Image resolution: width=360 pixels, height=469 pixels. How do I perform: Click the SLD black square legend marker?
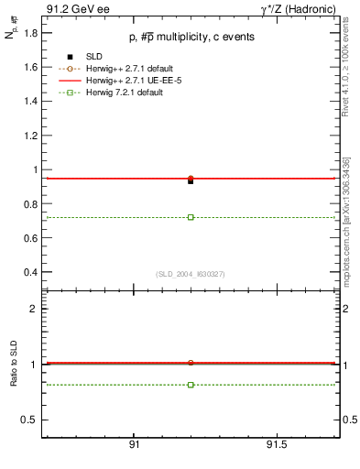coord(70,58)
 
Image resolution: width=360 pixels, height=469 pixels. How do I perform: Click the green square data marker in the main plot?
coord(191,217)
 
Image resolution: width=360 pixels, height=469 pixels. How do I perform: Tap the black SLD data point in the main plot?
coord(191,181)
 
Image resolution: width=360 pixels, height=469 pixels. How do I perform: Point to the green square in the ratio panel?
coord(191,385)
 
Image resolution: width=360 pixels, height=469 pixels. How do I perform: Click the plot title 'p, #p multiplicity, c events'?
coord(190,37)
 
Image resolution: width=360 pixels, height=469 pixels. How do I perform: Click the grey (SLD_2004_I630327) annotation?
coord(190,274)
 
